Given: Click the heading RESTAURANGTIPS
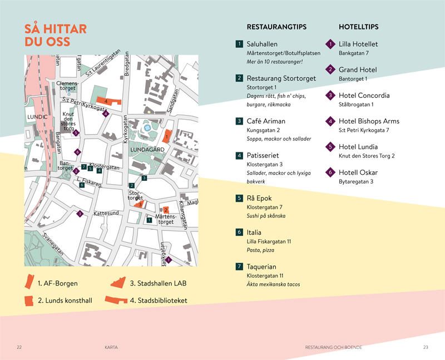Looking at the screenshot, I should pyautogui.click(x=276, y=27).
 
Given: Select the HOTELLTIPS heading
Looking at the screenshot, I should pyautogui.click(x=358, y=27).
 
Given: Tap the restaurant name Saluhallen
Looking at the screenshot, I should pyautogui.click(x=262, y=44).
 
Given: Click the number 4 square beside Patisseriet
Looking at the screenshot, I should pyautogui.click(x=239, y=155).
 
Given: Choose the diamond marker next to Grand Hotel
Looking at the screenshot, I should pyautogui.click(x=330, y=70).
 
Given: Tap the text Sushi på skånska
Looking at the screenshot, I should pyautogui.click(x=266, y=216).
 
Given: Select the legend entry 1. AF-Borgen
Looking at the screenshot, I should pyautogui.click(x=57, y=283).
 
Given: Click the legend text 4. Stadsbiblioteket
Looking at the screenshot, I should pyautogui.click(x=159, y=301).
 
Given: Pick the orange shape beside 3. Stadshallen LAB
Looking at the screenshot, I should pyautogui.click(x=117, y=283).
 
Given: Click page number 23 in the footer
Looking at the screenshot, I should pyautogui.click(x=426, y=347).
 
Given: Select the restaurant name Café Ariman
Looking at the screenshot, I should pyautogui.click(x=266, y=121).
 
